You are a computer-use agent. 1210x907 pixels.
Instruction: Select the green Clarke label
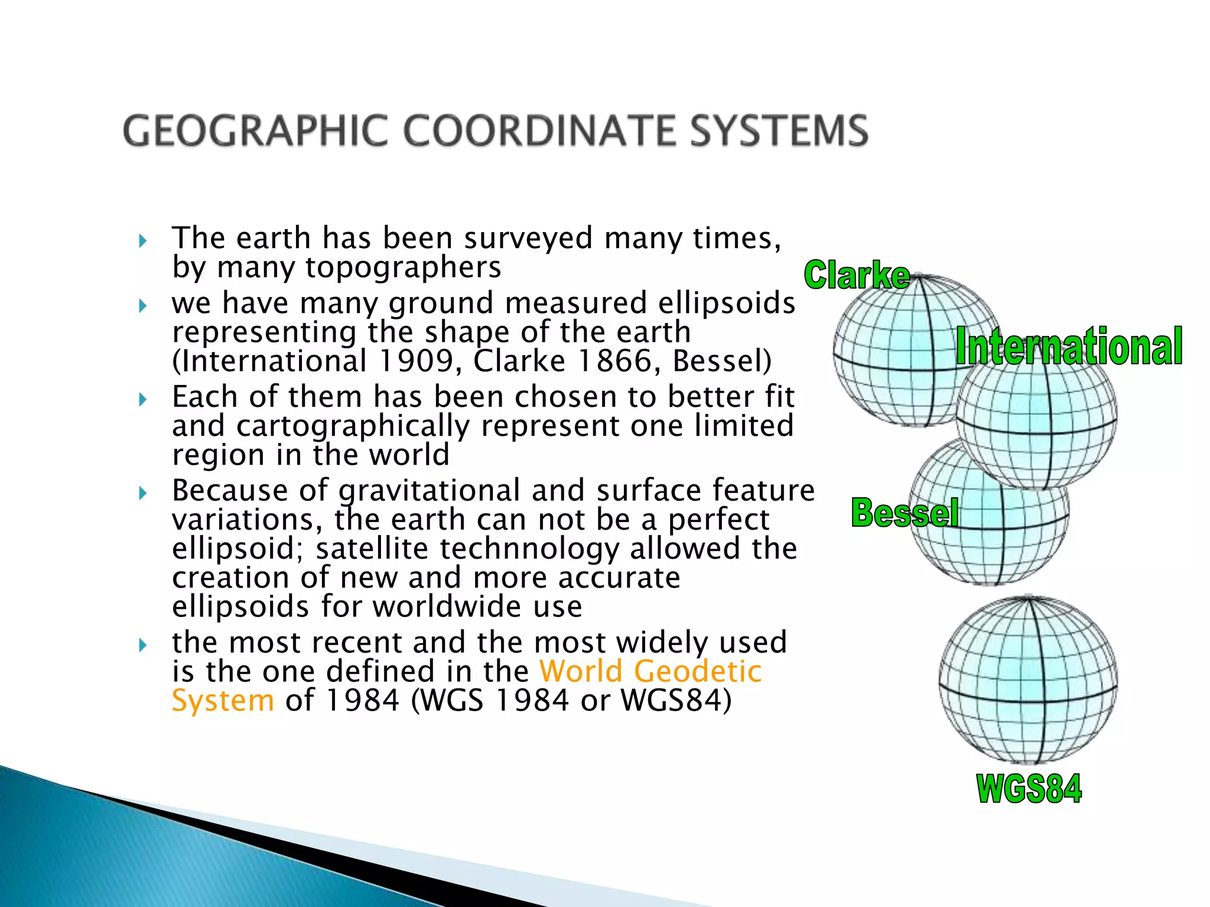(x=857, y=275)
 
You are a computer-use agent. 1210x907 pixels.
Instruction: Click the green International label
(x=1069, y=347)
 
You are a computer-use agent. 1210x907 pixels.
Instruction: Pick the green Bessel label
(x=905, y=512)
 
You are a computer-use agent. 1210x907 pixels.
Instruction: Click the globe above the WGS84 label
(x=1028, y=680)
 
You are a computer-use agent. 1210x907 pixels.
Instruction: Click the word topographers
(x=403, y=267)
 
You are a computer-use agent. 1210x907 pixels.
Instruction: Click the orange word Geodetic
(x=697, y=671)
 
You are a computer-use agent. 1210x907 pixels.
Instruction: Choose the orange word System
(x=223, y=701)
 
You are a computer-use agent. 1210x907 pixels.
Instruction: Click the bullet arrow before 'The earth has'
(x=142, y=240)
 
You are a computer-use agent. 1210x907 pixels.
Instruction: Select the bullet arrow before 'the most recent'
(x=142, y=644)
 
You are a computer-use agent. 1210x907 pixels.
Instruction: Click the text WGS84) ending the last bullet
(x=676, y=701)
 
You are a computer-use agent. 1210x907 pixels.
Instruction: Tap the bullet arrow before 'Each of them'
(x=142, y=399)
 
